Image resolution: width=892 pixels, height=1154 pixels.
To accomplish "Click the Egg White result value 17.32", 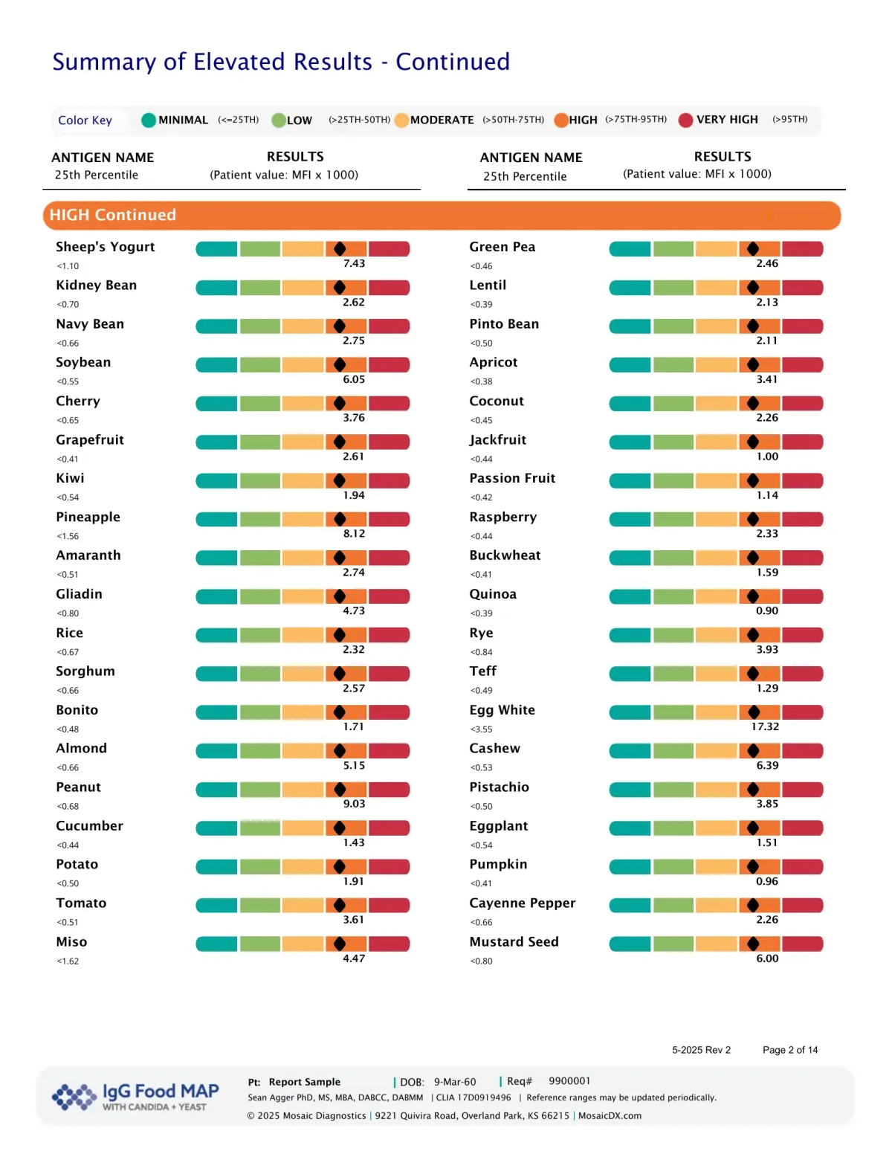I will [x=765, y=726].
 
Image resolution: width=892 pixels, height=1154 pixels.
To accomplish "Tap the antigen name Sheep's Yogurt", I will [x=106, y=247].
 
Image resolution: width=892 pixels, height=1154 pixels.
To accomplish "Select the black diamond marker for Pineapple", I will [x=340, y=519].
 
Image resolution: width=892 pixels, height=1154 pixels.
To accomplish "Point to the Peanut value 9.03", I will [x=354, y=804].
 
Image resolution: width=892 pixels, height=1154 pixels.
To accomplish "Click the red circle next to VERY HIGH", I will [x=685, y=120].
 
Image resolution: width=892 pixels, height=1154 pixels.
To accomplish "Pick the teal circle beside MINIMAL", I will [x=149, y=120].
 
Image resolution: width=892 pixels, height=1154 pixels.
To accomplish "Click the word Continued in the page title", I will [x=452, y=62].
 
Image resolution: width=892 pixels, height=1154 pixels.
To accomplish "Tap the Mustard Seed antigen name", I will [x=514, y=941].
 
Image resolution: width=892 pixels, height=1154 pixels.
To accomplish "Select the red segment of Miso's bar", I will [x=390, y=944].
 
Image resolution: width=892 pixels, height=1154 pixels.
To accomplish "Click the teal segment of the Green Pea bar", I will [x=630, y=249].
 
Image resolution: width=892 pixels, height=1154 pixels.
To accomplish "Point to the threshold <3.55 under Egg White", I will [x=481, y=729].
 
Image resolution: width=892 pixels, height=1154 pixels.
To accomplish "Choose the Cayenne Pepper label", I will [x=522, y=903].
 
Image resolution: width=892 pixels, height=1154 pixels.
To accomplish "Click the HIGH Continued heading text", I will [x=113, y=215].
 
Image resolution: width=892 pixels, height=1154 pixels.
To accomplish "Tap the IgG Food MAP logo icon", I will [x=74, y=1096].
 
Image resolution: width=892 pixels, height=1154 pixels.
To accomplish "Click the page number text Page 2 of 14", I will [x=789, y=1050].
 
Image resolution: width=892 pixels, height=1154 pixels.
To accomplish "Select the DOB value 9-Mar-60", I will [x=455, y=1082].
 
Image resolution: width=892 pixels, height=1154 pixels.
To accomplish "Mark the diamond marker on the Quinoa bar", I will [x=753, y=596].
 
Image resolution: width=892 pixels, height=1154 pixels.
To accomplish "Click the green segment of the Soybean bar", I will [x=260, y=364].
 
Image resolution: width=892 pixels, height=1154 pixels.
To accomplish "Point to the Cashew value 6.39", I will [x=767, y=765].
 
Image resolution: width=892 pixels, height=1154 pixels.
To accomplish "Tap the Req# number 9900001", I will [x=569, y=1081].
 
